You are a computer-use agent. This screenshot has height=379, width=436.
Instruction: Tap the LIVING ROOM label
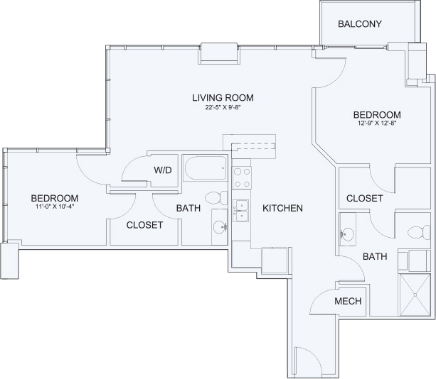click(x=223, y=98)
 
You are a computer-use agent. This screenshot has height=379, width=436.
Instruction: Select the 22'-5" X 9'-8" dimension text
click(x=223, y=107)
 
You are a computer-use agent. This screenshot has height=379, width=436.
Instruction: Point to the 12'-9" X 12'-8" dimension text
click(x=377, y=123)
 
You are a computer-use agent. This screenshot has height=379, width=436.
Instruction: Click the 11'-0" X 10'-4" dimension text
click(x=55, y=207)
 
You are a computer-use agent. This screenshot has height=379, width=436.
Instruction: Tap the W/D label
click(x=163, y=170)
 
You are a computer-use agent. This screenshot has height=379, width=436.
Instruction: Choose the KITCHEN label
click(x=282, y=208)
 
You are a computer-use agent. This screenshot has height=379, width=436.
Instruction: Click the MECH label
click(x=348, y=301)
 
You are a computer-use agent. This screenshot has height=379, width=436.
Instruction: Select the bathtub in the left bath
click(x=206, y=168)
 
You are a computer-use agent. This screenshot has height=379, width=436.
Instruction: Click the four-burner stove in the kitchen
click(x=242, y=178)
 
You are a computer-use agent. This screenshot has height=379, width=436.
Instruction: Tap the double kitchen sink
click(x=241, y=211)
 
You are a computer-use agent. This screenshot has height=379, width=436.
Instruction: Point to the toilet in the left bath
click(x=217, y=198)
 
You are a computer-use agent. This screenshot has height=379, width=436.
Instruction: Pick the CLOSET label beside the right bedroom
click(x=365, y=199)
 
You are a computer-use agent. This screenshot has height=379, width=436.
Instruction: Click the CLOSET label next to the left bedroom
click(x=144, y=225)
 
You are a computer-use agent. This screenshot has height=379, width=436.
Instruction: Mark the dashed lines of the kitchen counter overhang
click(x=254, y=146)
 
